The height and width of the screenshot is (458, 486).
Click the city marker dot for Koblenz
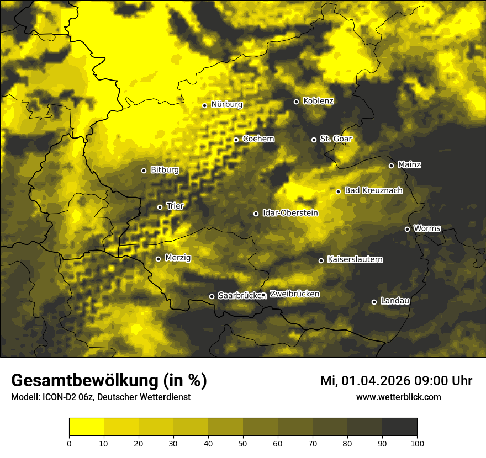click(x=296, y=102)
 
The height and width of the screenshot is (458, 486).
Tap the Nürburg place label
click(x=226, y=104)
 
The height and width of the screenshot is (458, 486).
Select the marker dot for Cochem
click(x=236, y=140)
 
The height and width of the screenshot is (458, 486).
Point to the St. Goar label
click(x=336, y=139)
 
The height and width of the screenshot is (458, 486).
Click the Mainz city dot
click(x=391, y=166)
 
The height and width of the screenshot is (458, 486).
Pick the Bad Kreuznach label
click(x=373, y=190)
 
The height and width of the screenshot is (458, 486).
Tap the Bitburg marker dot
click(x=144, y=171)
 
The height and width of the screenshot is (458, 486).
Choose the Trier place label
click(x=175, y=206)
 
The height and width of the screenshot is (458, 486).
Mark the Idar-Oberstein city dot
click(x=256, y=214)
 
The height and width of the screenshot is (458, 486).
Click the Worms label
click(x=427, y=228)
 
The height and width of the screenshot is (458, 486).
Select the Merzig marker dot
click(x=158, y=259)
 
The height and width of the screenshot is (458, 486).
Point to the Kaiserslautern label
click(x=355, y=259)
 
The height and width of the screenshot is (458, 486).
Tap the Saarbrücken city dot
click(x=212, y=296)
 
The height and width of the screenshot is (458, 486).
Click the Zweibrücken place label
click(x=294, y=294)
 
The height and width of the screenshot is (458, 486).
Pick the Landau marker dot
click(x=374, y=302)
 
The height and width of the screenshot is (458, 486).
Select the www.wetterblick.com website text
click(x=398, y=397)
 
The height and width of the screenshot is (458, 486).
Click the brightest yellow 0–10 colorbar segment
click(x=86, y=427)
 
